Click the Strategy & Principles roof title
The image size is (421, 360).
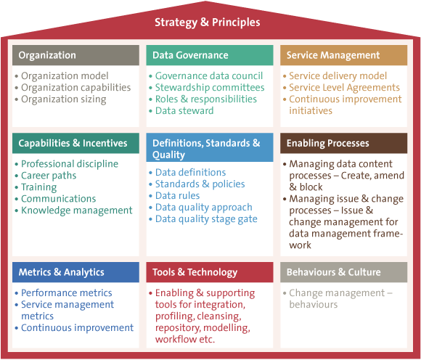[208, 22]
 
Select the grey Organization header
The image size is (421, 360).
[75, 55]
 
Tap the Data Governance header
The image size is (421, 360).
[210, 55]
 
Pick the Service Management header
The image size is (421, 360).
[343, 55]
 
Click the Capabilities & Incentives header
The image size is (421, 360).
[75, 143]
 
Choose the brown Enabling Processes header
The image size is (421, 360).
[343, 143]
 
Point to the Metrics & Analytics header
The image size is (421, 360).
[75, 272]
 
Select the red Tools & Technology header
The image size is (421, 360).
[210, 272]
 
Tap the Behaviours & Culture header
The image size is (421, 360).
[343, 272]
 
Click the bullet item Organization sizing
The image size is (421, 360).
[64, 99]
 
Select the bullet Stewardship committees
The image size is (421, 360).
[210, 88]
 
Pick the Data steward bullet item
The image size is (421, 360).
[184, 110]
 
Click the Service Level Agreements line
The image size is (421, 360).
[344, 88]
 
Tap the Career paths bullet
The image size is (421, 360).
[49, 176]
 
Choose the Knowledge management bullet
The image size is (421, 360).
[77, 210]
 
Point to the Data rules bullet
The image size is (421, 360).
[178, 196]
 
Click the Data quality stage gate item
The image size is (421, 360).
[206, 219]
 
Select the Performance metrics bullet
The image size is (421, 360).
[67, 293]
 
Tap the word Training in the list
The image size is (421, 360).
[39, 187]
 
